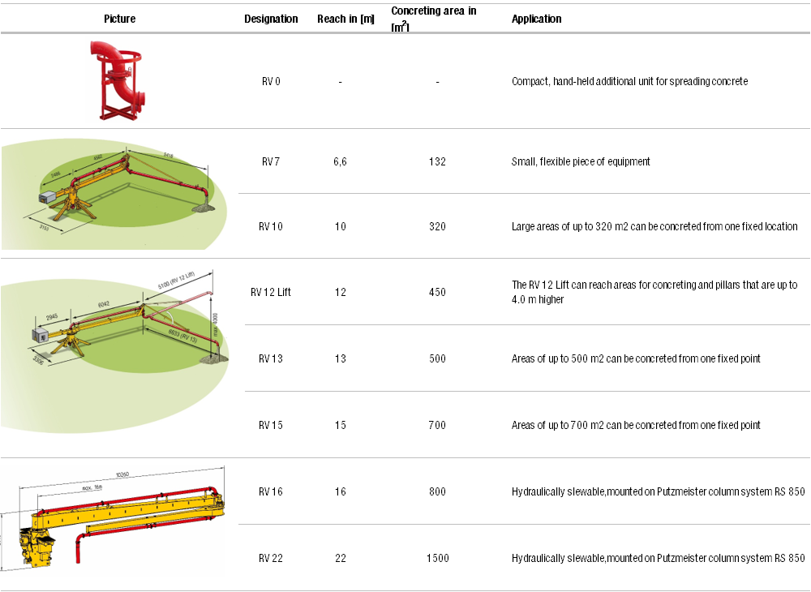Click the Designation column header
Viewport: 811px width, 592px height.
[271, 19]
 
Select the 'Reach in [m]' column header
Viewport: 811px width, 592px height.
[345, 19]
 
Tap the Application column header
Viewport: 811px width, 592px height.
[536, 19]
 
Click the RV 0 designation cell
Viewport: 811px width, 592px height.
[271, 81]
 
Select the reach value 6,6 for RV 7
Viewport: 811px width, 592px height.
[340, 161]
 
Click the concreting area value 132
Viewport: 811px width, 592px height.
[437, 161]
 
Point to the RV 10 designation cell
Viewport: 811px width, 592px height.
[271, 226]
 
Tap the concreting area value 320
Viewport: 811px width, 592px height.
[437, 226]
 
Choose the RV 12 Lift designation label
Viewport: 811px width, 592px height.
[271, 292]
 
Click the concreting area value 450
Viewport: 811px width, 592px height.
[437, 292]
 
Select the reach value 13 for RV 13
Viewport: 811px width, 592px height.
[340, 358]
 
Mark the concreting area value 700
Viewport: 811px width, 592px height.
[437, 425]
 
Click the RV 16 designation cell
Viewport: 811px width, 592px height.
[271, 491]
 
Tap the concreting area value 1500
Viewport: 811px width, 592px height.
[437, 558]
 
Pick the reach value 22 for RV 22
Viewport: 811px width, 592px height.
[340, 558]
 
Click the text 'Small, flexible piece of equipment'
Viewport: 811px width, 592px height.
[581, 161]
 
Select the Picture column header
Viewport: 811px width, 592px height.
[120, 19]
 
